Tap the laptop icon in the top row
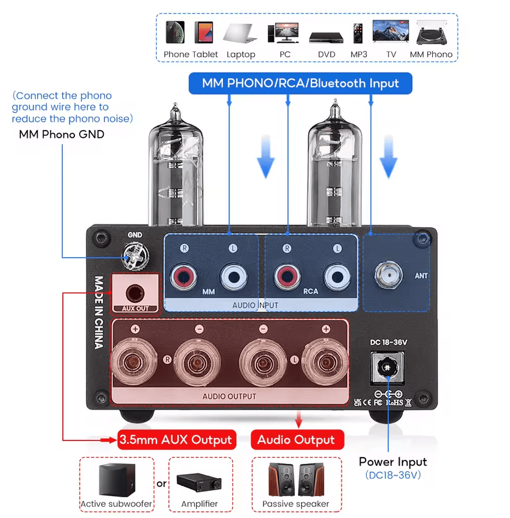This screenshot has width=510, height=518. (240, 33)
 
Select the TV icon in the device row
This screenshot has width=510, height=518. (391, 32)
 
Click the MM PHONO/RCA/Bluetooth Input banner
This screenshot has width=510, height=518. (300, 84)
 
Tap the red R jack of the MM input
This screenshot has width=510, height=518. (185, 276)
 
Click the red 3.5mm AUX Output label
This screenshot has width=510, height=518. (176, 439)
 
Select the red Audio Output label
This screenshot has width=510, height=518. (296, 440)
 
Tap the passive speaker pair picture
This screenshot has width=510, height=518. (295, 479)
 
